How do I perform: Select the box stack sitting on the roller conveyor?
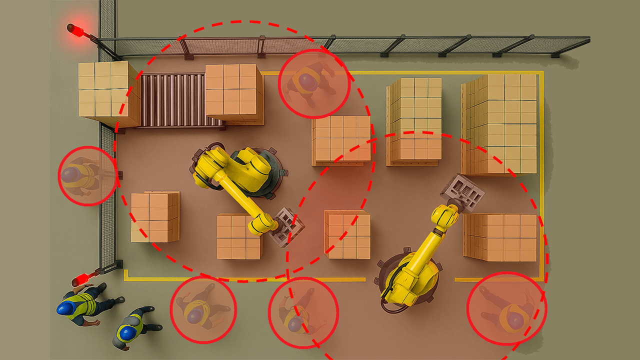[x=233, y=92]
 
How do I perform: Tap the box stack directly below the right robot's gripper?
[x=500, y=237]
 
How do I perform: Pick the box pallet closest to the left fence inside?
[x=154, y=217]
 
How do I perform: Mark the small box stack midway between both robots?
[x=347, y=234]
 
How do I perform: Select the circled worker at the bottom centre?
[x=302, y=312]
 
